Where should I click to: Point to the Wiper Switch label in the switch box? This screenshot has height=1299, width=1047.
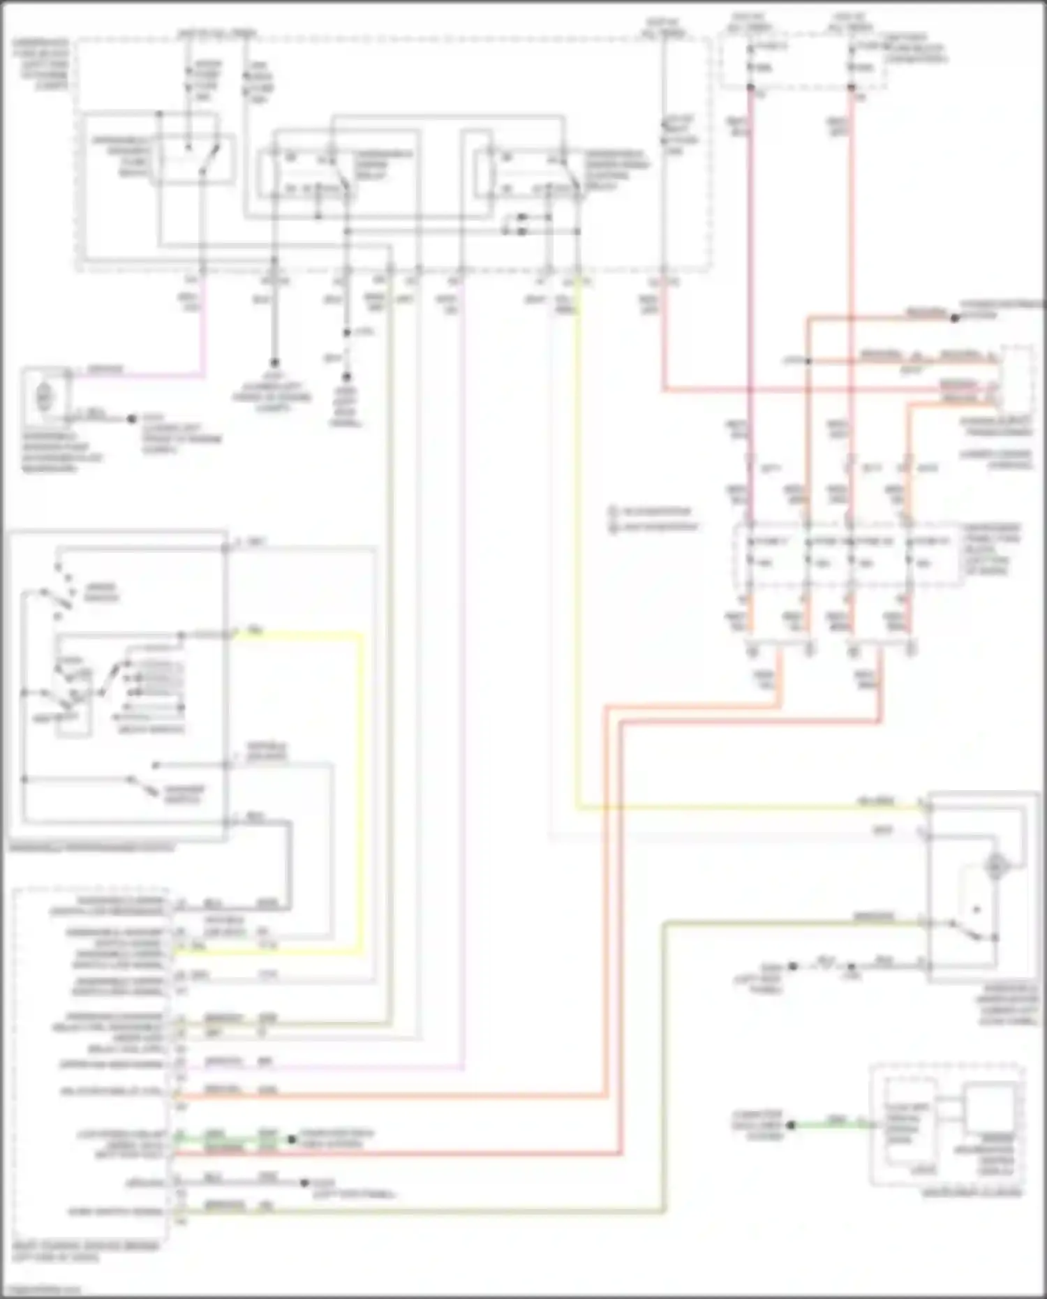pos(101,593)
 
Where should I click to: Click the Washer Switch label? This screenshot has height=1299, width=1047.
pos(183,794)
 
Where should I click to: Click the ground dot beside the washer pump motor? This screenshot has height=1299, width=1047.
pos(131,420)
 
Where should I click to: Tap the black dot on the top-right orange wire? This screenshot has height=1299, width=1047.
pos(954,318)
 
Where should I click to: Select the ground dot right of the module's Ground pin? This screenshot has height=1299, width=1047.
pos(304,1183)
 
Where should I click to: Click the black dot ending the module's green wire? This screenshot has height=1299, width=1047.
pos(292,1139)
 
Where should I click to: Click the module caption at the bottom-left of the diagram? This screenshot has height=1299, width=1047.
pos(84,1252)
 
